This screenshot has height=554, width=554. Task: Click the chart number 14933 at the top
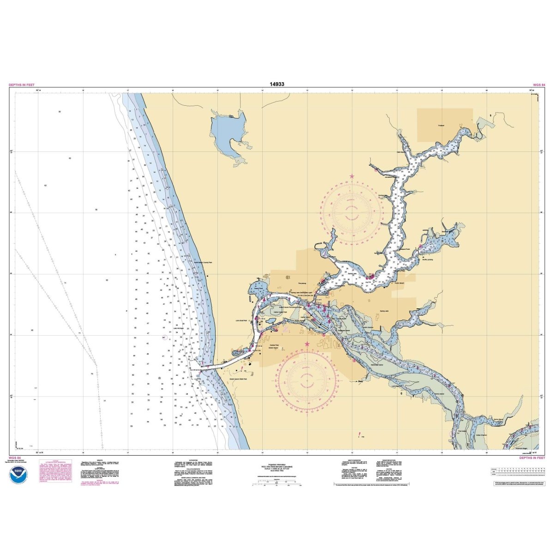[277, 84]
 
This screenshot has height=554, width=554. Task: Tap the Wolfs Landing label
[428, 259]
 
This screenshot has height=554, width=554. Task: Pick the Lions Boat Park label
[240, 319]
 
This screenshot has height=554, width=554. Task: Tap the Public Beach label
[399, 283]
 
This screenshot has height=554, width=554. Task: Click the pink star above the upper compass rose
[352, 176]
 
